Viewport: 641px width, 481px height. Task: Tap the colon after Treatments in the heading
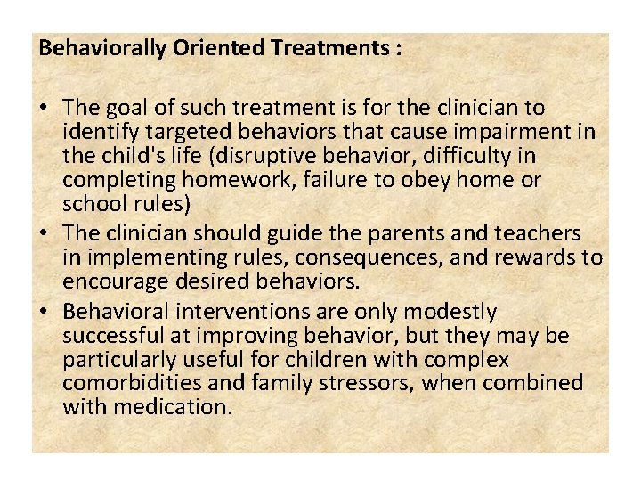point(396,49)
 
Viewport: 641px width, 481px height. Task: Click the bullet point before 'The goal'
point(45,109)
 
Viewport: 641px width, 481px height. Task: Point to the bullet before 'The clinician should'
point(45,234)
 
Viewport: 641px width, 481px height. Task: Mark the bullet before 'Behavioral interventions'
point(45,313)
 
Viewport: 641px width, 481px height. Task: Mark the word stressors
point(385,384)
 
